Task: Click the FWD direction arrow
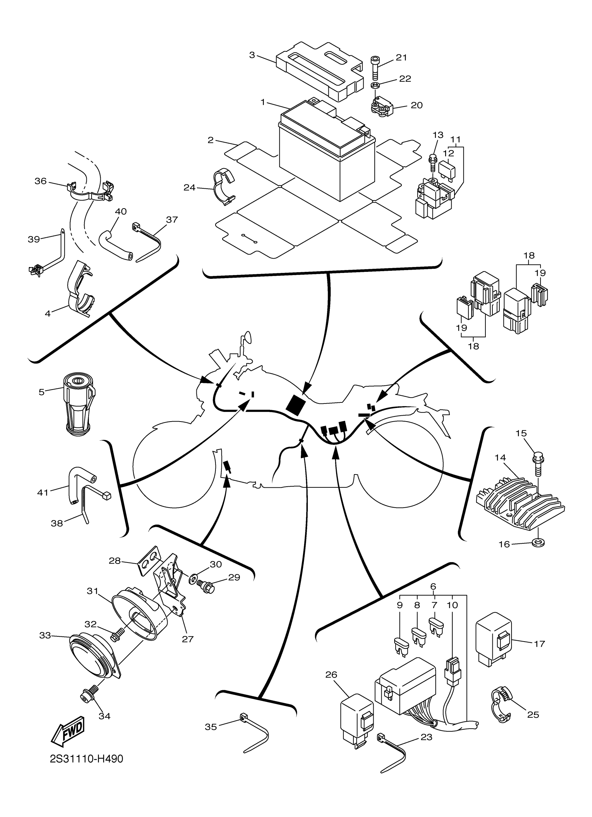(x=68, y=732)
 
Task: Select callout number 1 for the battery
(x=263, y=102)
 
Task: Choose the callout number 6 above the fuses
(x=433, y=587)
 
